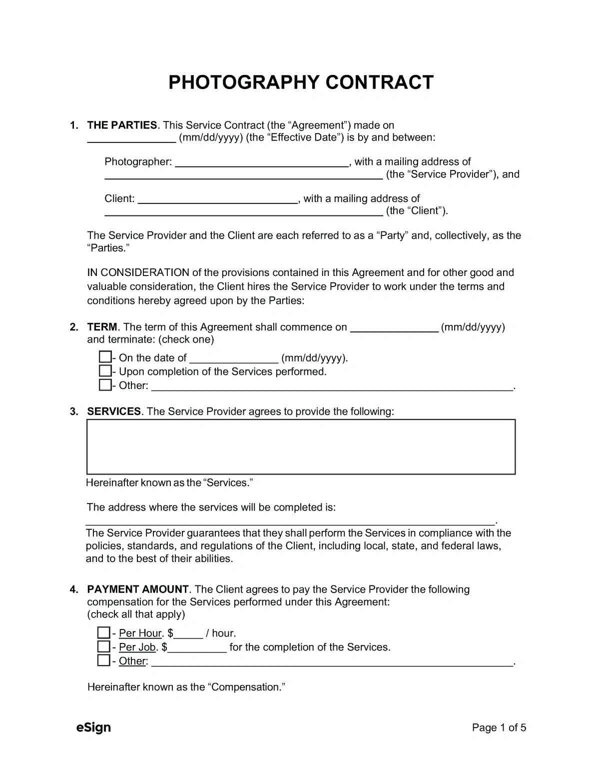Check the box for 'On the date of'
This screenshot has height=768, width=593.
tap(105, 357)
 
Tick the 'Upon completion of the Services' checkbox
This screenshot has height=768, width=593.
tap(105, 371)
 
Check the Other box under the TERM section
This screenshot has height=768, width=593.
tap(105, 385)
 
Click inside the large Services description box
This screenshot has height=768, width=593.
tap(301, 446)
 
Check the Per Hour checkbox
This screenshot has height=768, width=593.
tap(103, 632)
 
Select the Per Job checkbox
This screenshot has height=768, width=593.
tap(103, 646)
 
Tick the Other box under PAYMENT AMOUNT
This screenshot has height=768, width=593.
tap(103, 660)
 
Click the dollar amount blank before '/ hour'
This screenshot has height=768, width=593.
tap(188, 634)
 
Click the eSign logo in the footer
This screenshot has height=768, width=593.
tap(93, 727)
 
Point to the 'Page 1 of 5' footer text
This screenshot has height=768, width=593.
tap(499, 728)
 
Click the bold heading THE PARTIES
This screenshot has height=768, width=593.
tap(122, 125)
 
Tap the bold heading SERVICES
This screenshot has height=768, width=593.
tap(114, 411)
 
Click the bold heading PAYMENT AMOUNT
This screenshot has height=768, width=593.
tap(138, 589)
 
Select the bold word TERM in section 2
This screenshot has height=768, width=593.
tap(102, 327)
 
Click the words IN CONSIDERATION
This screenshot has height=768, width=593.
tap(138, 273)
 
